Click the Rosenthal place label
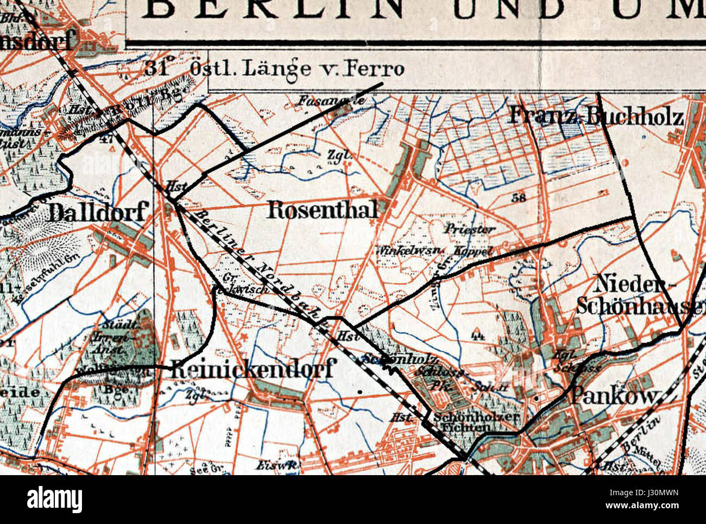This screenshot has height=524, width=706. (x=323, y=210)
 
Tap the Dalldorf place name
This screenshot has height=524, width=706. (x=97, y=212)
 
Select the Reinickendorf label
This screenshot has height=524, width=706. (x=251, y=370)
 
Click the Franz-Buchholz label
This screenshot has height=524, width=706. (x=596, y=116)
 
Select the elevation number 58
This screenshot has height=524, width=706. (x=519, y=198)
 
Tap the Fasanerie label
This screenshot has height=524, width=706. (x=324, y=100)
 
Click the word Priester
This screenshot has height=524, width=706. (x=470, y=229)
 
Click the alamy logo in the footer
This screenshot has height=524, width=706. (x=54, y=499)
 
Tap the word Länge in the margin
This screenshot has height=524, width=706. (x=277, y=69)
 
